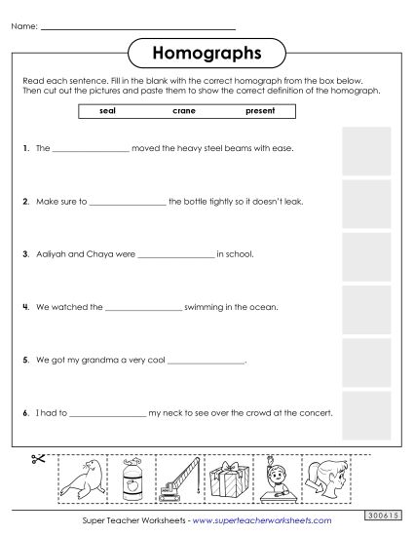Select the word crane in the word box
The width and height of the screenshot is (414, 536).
pyautogui.click(x=183, y=111)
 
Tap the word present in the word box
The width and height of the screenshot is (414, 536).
pyautogui.click(x=261, y=111)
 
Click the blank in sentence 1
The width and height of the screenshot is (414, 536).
pyautogui.click(x=90, y=151)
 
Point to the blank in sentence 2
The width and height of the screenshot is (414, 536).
pyautogui.click(x=127, y=204)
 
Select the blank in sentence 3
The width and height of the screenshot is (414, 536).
pyautogui.click(x=175, y=256)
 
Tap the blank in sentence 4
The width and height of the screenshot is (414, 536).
pyautogui.click(x=143, y=309)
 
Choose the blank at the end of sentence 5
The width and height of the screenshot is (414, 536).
pyautogui.click(x=207, y=362)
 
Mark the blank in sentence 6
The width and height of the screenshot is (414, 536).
pyautogui.click(x=106, y=414)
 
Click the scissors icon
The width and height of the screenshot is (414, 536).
pyautogui.click(x=40, y=461)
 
